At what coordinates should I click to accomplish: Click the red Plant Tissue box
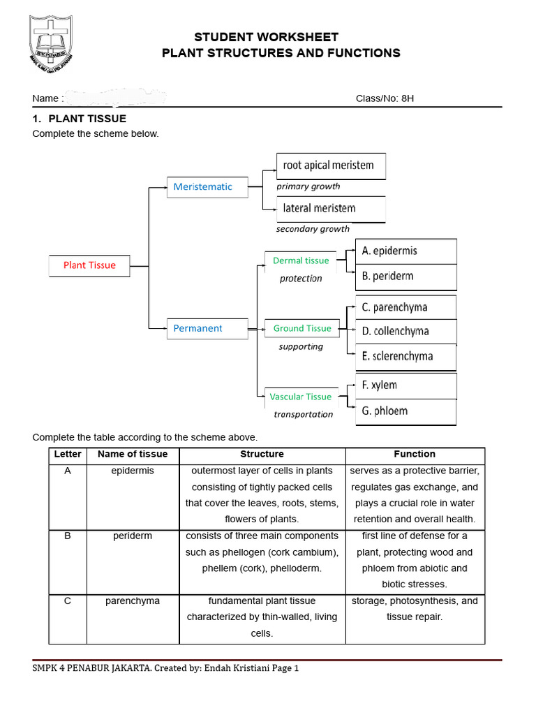(89, 265)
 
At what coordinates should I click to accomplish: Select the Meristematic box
(207, 187)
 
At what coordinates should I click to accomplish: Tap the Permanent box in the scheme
(207, 328)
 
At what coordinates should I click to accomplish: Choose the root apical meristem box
(331, 165)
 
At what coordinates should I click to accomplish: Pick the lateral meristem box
(331, 208)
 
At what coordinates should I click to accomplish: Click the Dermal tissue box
(300, 260)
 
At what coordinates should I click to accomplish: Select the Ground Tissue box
(301, 328)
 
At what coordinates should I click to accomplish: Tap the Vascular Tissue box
(300, 397)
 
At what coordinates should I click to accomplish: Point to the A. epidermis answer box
(408, 251)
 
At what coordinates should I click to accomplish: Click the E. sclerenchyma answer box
(408, 356)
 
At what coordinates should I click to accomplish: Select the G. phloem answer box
(408, 411)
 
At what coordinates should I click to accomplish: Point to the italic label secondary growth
(313, 229)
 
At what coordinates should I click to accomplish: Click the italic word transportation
(303, 414)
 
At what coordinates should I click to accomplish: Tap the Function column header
(415, 454)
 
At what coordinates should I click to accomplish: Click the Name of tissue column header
(133, 454)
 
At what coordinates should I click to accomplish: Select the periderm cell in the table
(133, 536)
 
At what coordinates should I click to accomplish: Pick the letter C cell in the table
(68, 600)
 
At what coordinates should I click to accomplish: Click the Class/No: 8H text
(385, 98)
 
